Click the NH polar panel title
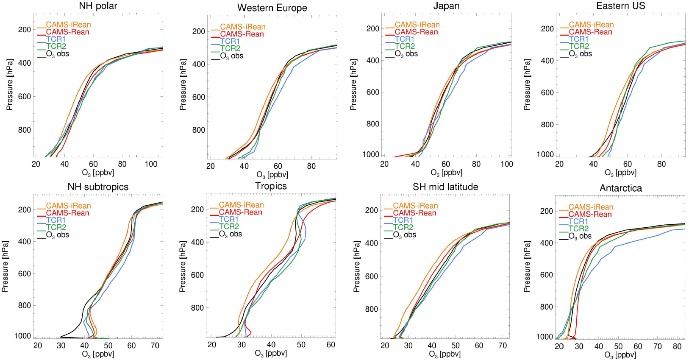tap(98, 6)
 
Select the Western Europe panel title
tap(272, 8)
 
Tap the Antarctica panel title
tap(620, 188)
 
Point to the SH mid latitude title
tap(445, 187)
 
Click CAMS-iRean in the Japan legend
tap(417, 25)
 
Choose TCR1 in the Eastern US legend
tap(578, 39)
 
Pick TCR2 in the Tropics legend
tap(229, 226)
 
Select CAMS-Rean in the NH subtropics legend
tap(67, 213)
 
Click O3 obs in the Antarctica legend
tap(580, 236)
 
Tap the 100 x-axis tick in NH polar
tap(151, 164)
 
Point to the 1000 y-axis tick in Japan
tap(371, 154)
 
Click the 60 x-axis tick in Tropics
tap(331, 345)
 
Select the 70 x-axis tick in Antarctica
tap(657, 346)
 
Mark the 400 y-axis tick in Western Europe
tap(199, 64)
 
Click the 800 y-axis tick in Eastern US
tap(547, 125)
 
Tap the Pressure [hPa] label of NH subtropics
tap(5, 266)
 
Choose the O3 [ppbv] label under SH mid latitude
tap(445, 354)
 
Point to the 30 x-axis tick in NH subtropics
tap(61, 346)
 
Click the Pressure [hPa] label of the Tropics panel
tap(183, 266)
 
